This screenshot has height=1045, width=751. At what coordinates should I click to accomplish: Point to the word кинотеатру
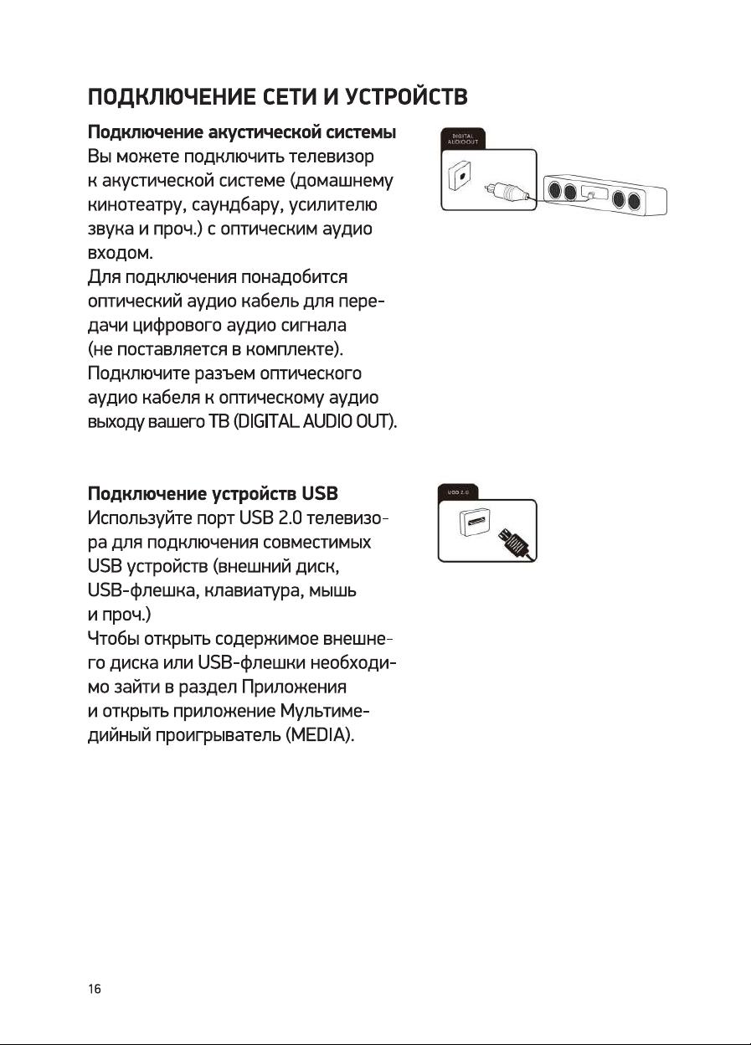tap(136, 204)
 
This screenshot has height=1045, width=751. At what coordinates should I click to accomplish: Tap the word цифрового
tap(171, 324)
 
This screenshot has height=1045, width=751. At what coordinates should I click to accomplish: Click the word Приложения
tap(292, 687)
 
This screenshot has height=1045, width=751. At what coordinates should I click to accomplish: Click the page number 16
tap(95, 990)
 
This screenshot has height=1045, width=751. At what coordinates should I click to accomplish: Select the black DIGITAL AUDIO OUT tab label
tap(463, 139)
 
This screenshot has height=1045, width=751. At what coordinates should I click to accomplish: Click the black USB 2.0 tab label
tap(459, 495)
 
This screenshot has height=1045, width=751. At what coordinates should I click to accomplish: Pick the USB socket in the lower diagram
tap(471, 527)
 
